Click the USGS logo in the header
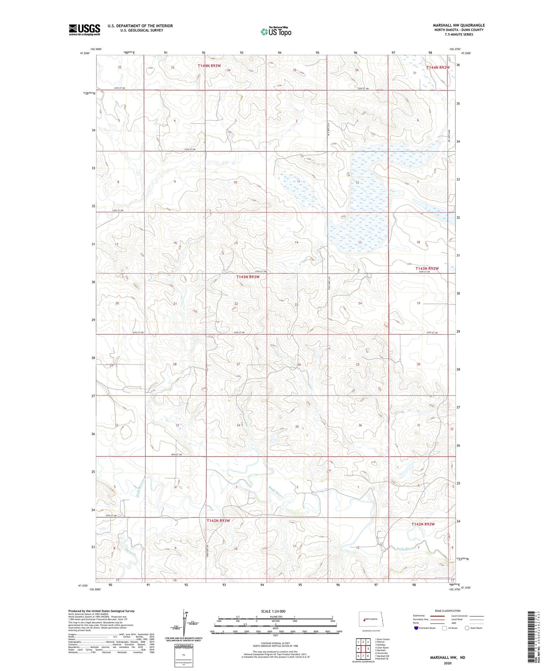84,30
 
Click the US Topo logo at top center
276,32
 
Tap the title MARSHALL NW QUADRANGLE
458,25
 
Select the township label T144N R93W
209,66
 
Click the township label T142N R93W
218,520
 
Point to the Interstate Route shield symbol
416,628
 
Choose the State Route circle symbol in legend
467,628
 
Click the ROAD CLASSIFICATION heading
448,611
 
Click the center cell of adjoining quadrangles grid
363,649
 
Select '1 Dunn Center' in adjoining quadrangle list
383,639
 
